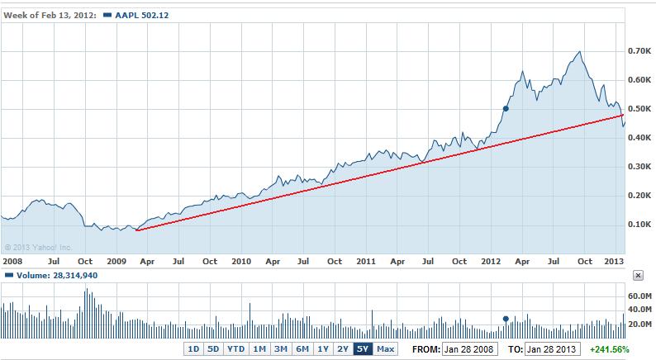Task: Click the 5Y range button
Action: pyautogui.click(x=363, y=349)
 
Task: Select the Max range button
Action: pyautogui.click(x=385, y=349)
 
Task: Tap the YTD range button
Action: pyautogui.click(x=235, y=349)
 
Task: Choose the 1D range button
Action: pyautogui.click(x=193, y=349)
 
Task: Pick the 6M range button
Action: pyautogui.click(x=302, y=349)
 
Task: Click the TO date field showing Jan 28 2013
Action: pyautogui.click(x=552, y=349)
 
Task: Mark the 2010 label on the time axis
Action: pyautogui.click(x=240, y=261)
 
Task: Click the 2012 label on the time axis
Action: pyautogui.click(x=491, y=261)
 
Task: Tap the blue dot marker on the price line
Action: pyautogui.click(x=506, y=108)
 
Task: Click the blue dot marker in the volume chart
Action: pyautogui.click(x=506, y=318)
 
